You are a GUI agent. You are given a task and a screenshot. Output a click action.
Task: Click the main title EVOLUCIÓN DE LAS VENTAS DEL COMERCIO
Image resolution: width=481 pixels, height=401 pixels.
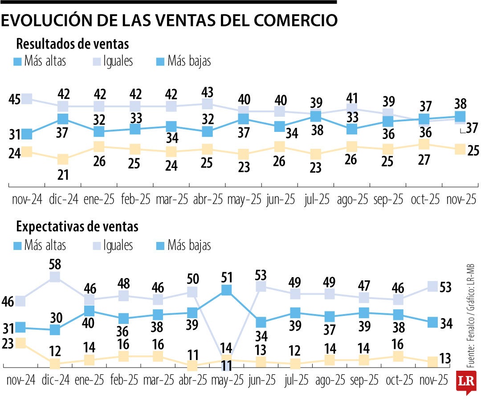pos(169,21)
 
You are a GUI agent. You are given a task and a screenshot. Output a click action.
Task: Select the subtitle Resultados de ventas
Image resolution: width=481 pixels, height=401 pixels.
pos(73,44)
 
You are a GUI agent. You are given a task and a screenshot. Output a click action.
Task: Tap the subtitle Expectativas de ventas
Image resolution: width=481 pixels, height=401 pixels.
pos(77,227)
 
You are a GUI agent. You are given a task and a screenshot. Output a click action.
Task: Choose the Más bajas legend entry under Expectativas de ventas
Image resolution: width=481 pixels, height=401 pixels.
pos(183,245)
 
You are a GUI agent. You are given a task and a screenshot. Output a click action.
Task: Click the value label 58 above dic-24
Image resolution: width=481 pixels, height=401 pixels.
pos(55,263)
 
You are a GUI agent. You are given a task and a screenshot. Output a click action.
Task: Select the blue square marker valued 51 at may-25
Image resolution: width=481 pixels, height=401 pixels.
pos(227,290)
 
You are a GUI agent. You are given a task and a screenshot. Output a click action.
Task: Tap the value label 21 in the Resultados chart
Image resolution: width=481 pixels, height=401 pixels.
pos(63,174)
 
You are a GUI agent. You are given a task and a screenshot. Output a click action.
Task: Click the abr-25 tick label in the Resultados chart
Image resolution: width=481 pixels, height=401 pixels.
pos(208,199)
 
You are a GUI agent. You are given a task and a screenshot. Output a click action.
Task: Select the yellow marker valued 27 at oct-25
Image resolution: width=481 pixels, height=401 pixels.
pos(424,144)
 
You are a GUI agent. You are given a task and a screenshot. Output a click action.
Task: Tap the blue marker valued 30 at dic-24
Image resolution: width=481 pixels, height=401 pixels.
pos(55,330)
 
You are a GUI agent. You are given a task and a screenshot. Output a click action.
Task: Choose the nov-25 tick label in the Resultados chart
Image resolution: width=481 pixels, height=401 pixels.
pos(461,199)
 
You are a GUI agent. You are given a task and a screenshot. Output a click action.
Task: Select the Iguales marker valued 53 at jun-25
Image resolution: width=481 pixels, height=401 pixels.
pos(261,286)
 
